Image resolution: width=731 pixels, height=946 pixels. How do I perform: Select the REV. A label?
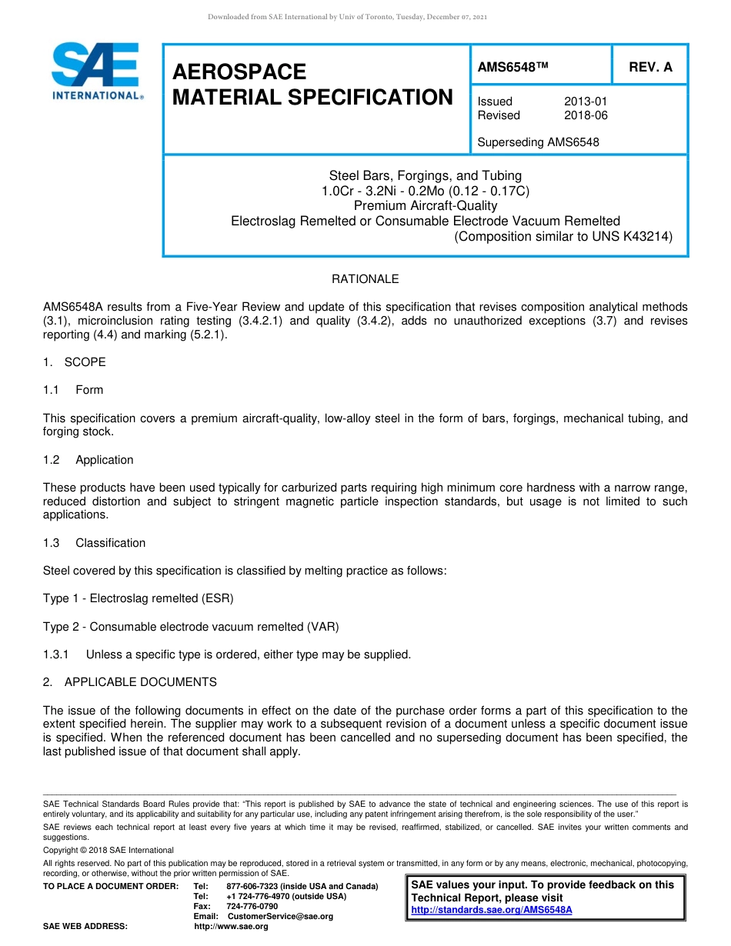click(x=650, y=67)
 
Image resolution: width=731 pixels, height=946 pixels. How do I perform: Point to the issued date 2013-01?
click(x=586, y=102)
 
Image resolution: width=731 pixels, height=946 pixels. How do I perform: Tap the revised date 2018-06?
click(x=586, y=115)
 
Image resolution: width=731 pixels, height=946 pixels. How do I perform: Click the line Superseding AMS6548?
click(x=538, y=142)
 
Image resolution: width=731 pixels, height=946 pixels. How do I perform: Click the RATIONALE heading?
click(x=365, y=279)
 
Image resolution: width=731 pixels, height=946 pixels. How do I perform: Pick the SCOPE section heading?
click(x=85, y=362)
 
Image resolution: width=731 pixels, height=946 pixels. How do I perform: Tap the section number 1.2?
click(x=51, y=460)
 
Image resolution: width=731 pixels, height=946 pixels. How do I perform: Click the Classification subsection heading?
click(x=110, y=543)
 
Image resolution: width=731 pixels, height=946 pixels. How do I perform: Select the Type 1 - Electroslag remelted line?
click(x=139, y=598)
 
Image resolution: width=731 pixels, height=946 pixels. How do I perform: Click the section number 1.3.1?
click(x=56, y=655)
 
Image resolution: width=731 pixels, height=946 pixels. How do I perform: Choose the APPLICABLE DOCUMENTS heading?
click(x=140, y=682)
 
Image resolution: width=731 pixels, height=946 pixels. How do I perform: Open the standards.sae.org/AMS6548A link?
click(x=492, y=910)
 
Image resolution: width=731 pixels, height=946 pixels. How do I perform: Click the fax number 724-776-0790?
click(x=252, y=907)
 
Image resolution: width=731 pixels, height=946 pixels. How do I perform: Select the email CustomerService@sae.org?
click(x=280, y=917)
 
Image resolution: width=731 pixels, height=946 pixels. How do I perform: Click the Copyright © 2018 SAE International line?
click(x=108, y=850)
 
